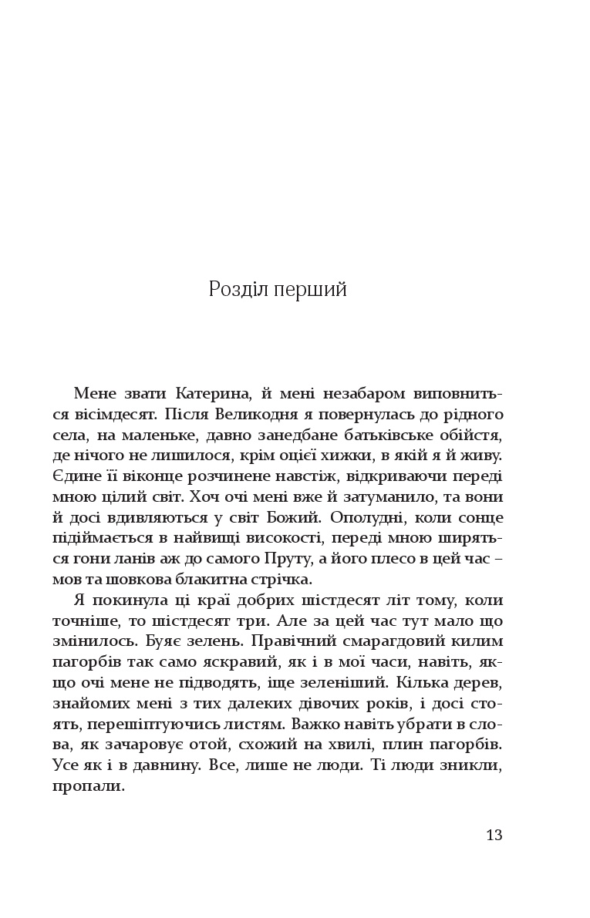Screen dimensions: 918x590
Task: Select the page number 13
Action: (494, 835)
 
